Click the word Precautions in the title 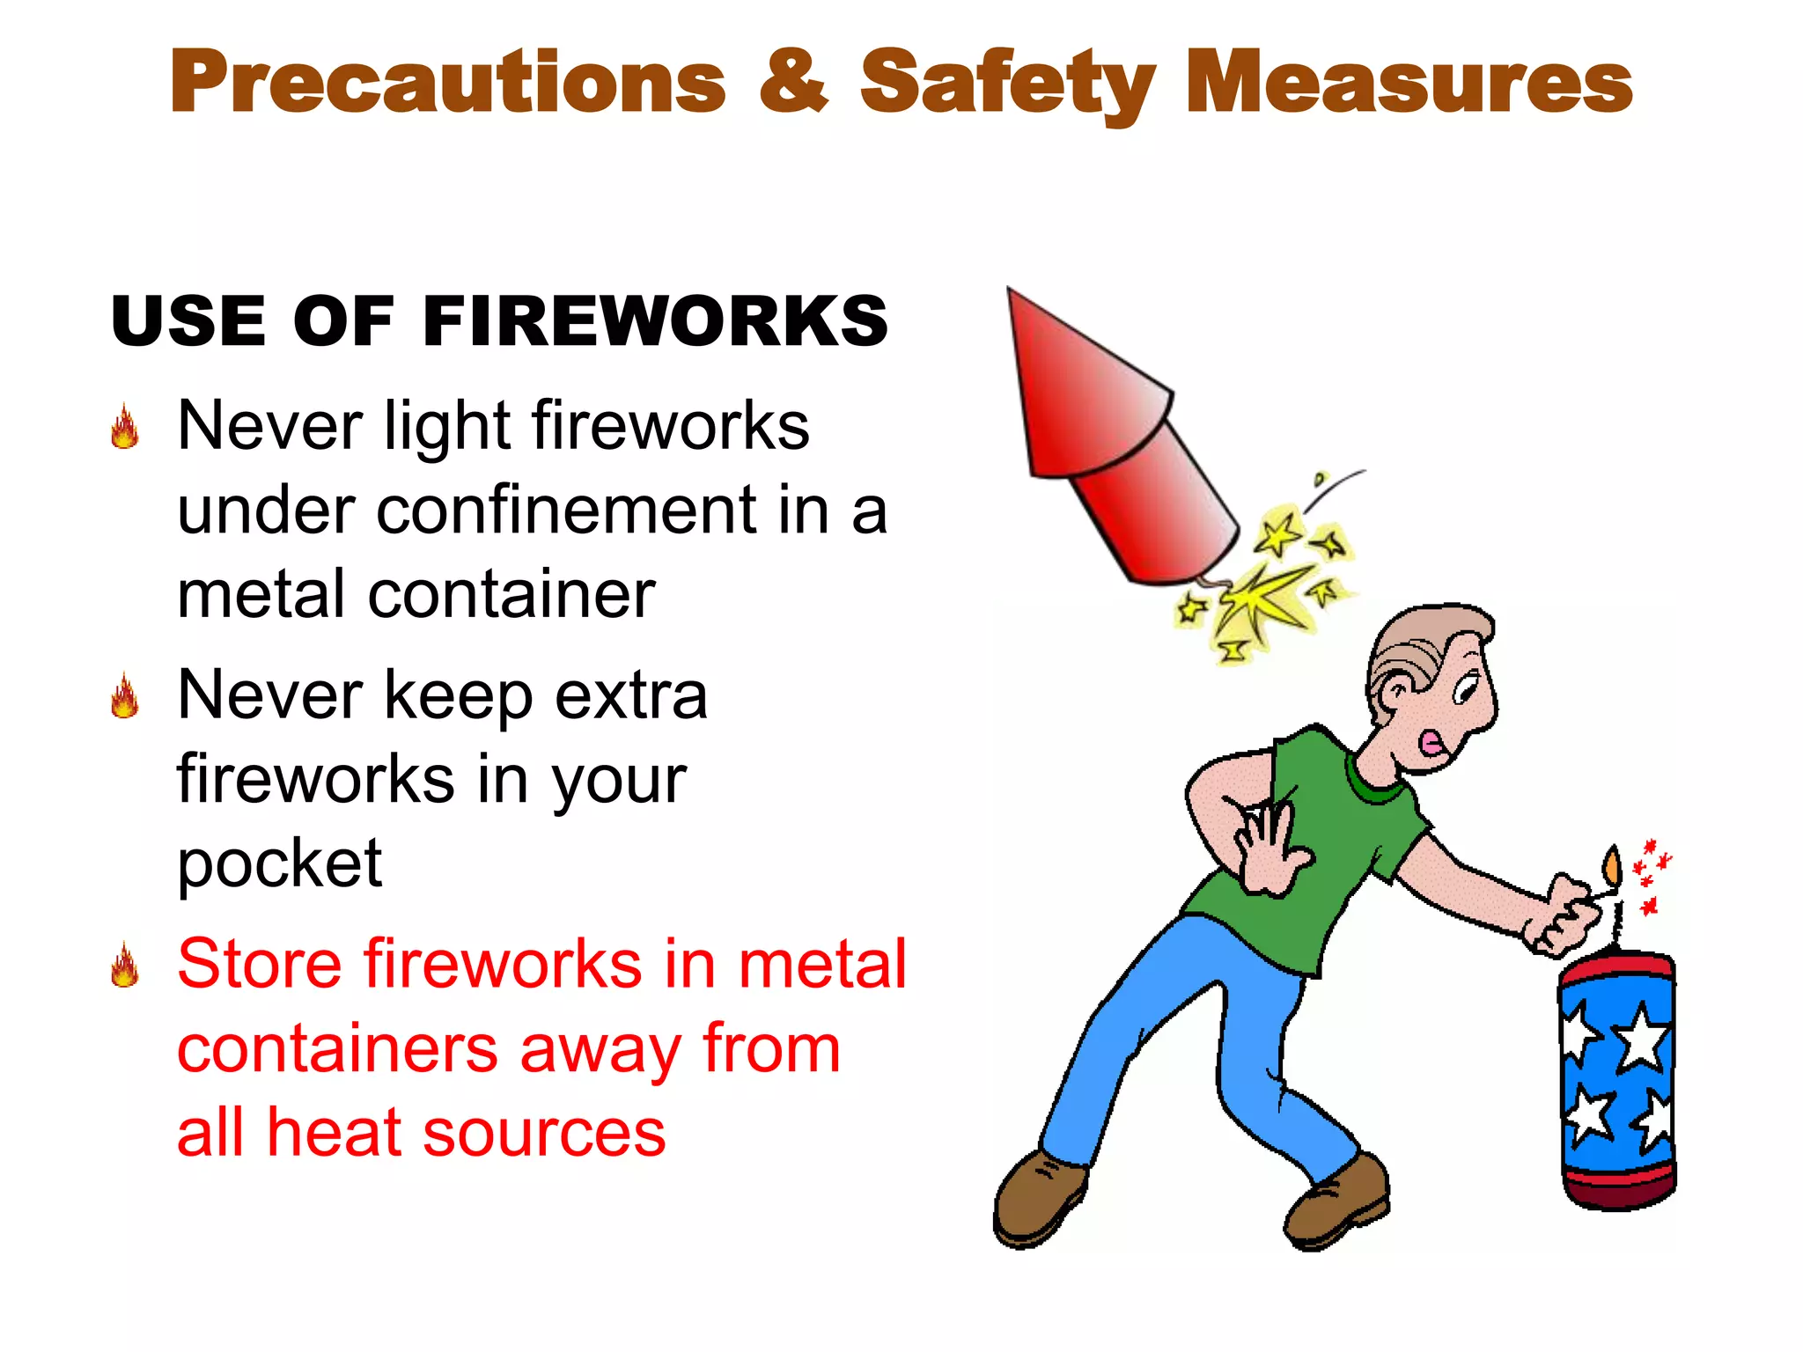[447, 84]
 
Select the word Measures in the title [1409, 84]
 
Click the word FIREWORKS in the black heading [655, 321]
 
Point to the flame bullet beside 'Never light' [125, 428]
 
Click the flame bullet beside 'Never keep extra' [125, 696]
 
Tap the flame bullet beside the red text [125, 966]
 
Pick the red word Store [259, 965]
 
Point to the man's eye [1465, 686]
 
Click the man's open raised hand [1269, 846]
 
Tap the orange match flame [1611, 866]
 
